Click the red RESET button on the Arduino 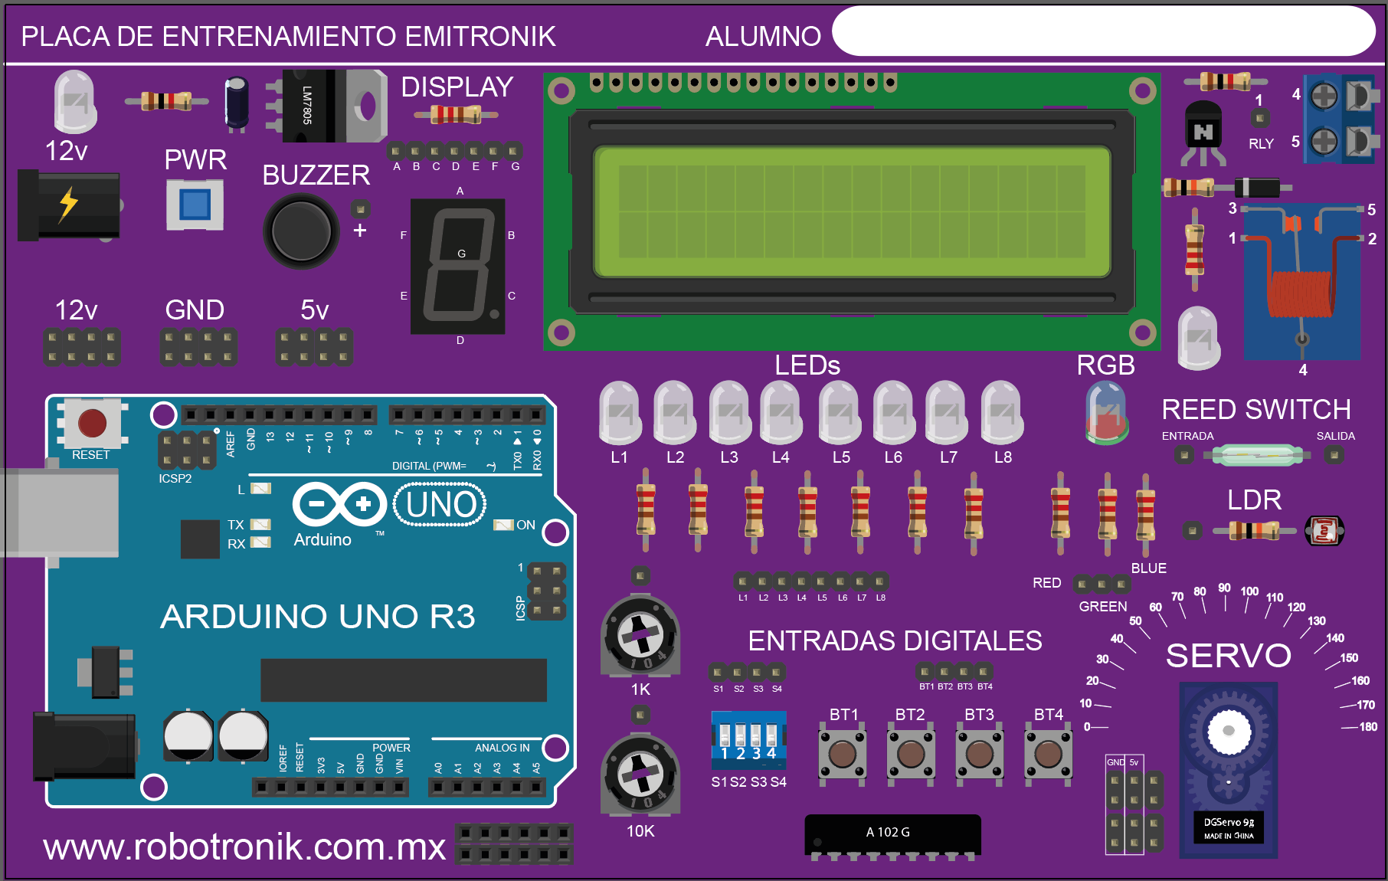coord(92,423)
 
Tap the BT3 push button coord(979,754)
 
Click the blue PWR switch coord(195,205)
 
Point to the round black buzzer coord(301,231)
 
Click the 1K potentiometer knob coord(640,634)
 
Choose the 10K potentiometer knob coord(640,775)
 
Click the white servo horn coord(1228,730)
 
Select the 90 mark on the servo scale coord(1224,588)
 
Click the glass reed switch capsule coord(1256,456)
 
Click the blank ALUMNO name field coord(1103,32)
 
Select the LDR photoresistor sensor coord(1324,530)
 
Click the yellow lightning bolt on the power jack coord(69,204)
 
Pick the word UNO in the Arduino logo coord(440,505)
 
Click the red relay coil coord(1300,293)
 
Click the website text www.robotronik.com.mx coord(244,847)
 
